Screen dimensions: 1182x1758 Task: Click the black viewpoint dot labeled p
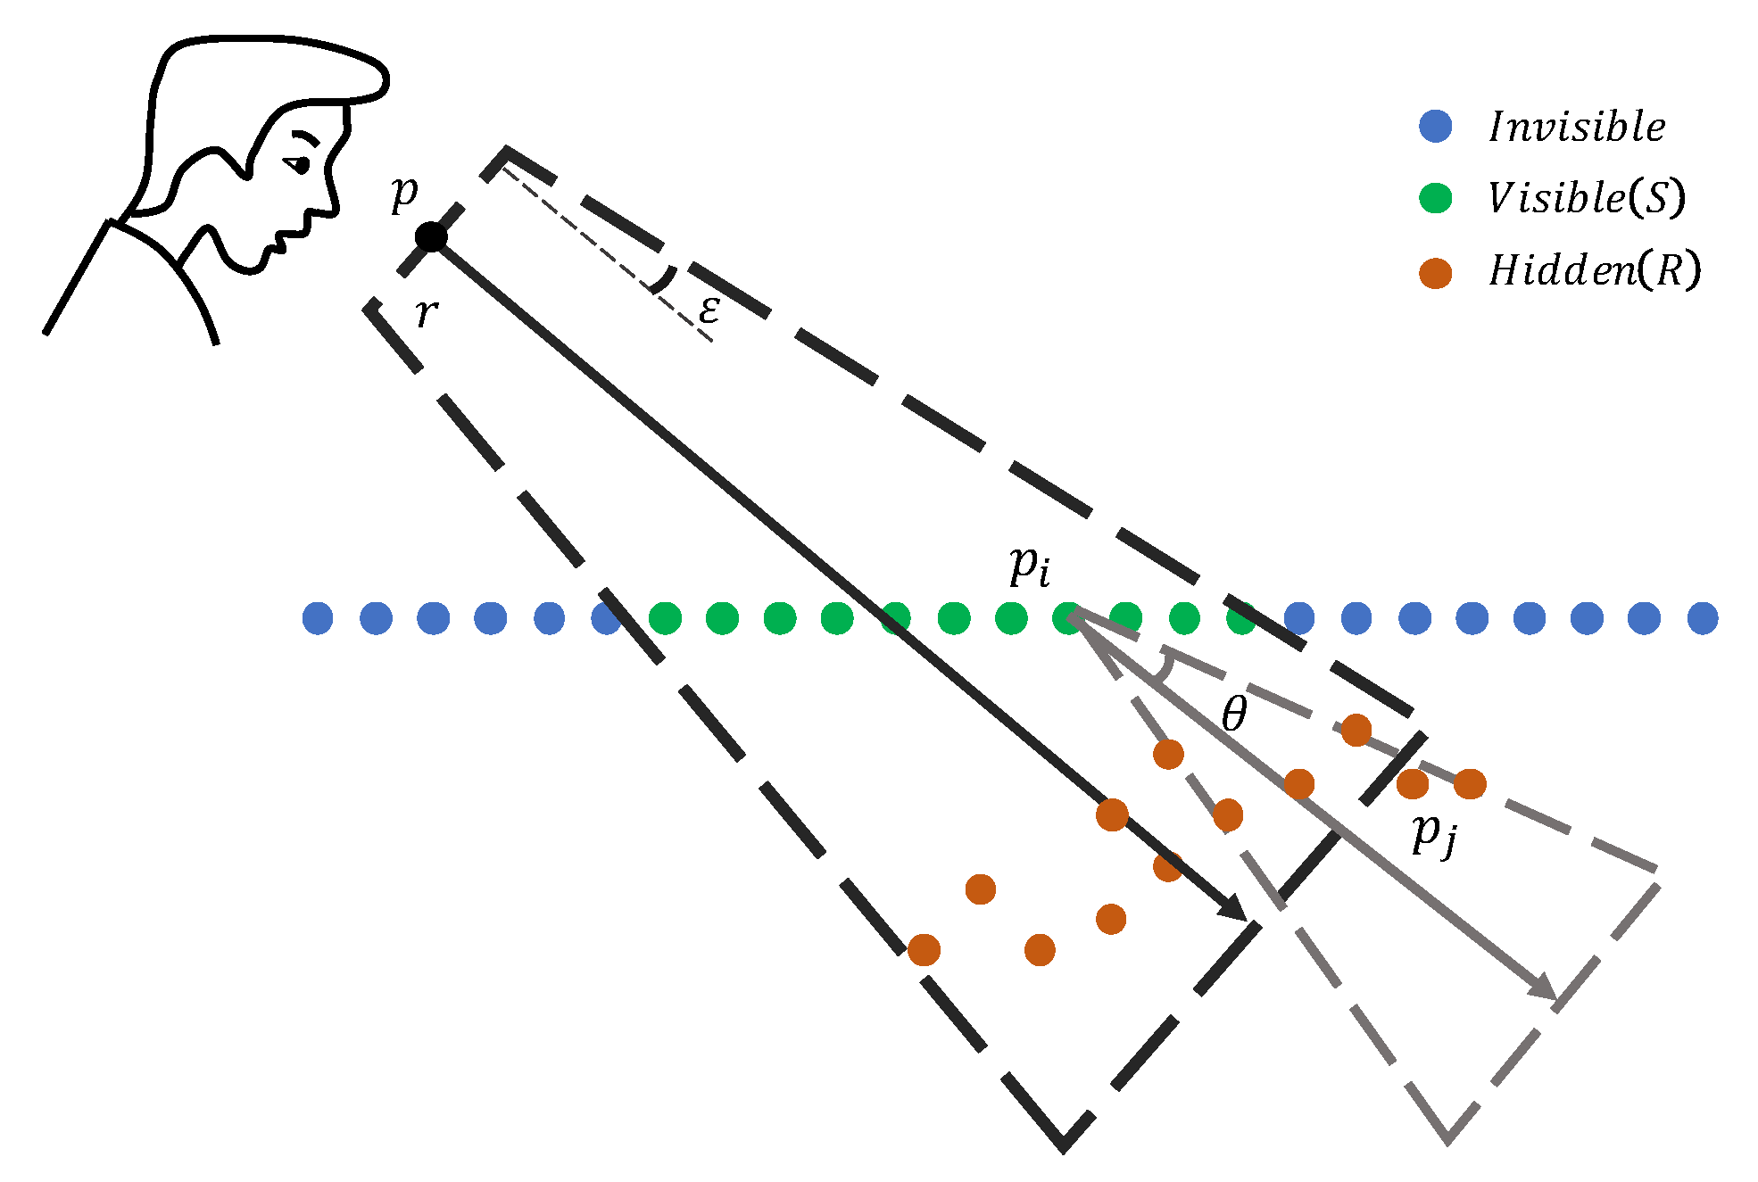(431, 237)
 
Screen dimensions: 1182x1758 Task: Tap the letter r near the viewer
(427, 313)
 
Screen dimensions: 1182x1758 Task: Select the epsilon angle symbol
(709, 310)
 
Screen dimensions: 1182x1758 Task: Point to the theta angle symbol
(1234, 714)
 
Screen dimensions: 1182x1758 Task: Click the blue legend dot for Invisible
(1435, 126)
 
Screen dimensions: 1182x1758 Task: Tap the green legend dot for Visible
(1435, 198)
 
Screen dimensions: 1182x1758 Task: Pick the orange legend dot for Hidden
(1435, 272)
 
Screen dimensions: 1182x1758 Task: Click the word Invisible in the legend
(1577, 127)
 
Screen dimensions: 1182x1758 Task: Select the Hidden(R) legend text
(1595, 270)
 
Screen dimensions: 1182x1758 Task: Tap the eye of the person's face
(299, 164)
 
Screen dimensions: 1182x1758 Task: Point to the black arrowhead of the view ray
(1234, 908)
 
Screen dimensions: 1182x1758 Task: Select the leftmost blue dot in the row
(318, 617)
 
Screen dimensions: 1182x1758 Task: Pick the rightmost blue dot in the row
(1703, 617)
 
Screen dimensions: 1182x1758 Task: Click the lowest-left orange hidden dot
(924, 949)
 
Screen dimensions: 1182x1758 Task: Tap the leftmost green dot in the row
(665, 617)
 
